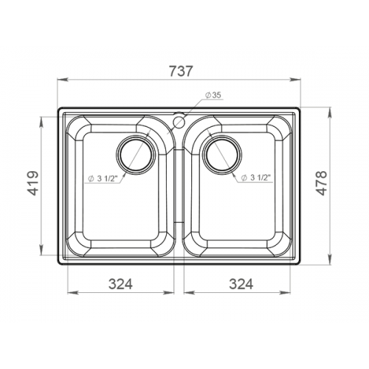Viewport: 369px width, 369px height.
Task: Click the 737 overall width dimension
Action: coord(180,72)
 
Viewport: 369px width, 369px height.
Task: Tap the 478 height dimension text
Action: coord(322,183)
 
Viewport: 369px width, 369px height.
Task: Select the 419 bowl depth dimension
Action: coord(32,183)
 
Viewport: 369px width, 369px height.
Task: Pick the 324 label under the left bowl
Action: coord(120,284)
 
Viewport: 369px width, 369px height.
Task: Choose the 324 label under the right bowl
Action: coord(241,284)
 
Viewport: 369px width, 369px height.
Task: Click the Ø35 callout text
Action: coord(213,95)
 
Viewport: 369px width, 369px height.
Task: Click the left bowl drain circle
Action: coord(136,154)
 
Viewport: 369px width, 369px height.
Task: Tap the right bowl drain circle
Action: coord(222,154)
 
